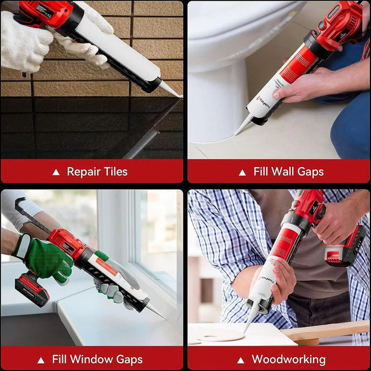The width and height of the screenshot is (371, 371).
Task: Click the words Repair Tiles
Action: click(97, 172)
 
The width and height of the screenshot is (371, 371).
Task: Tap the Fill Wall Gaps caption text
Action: click(288, 172)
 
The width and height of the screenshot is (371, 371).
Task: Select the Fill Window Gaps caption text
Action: click(97, 360)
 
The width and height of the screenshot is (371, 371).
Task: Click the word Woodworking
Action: click(288, 360)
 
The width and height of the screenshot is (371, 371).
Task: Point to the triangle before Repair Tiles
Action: click(56, 172)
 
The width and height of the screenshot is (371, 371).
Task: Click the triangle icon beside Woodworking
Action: click(241, 360)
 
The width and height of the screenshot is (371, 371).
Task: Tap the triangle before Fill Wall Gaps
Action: click(242, 172)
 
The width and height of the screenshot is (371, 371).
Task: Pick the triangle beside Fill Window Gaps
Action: click(41, 360)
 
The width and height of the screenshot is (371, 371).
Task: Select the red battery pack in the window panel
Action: click(31, 288)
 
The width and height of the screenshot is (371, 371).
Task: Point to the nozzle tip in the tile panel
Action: click(173, 93)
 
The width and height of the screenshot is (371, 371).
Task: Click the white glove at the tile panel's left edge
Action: click(24, 42)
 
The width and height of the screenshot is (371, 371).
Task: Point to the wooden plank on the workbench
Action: click(326, 330)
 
